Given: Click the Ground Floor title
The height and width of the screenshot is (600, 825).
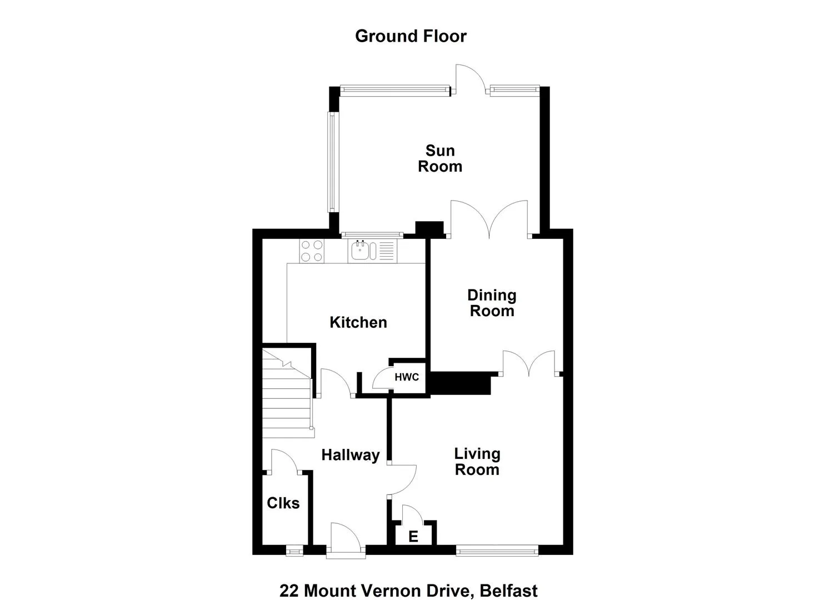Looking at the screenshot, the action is [411, 36].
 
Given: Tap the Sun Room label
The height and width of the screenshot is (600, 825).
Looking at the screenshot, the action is [440, 159].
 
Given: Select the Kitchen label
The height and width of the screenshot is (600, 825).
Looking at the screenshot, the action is [358, 322].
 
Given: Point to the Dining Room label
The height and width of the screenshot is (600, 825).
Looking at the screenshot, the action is [492, 303].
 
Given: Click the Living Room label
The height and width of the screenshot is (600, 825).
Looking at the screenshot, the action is [477, 462].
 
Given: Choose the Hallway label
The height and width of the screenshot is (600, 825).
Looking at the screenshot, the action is [351, 455].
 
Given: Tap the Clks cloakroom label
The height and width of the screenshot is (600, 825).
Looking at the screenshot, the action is [283, 503].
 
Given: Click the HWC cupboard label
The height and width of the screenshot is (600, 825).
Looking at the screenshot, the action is [407, 377].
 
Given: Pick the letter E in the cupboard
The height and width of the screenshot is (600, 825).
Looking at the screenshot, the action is [413, 537].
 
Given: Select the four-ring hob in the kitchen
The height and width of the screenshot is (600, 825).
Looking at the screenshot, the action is [312, 251].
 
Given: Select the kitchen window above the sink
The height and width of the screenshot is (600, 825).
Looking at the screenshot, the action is [372, 234].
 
